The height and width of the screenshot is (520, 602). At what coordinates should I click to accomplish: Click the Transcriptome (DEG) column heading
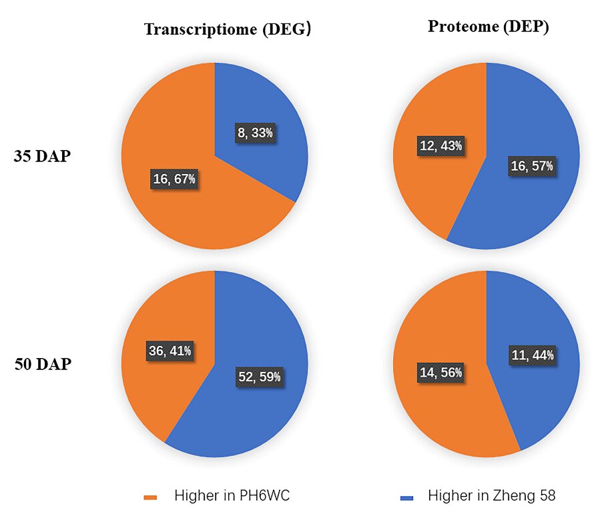pos(228,29)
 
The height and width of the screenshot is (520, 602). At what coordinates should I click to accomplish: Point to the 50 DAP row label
pos(43,365)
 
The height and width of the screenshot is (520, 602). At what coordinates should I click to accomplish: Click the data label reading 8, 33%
pos(255,133)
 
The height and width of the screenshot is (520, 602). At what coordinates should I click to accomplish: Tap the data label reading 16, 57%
pos(532,166)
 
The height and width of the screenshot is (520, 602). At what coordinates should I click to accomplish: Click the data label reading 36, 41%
pos(170,350)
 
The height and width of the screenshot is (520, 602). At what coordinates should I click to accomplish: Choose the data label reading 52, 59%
pos(260,377)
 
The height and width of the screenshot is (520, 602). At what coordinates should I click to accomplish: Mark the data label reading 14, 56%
pos(440,373)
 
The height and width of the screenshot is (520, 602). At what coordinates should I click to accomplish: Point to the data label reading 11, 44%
pos(533,355)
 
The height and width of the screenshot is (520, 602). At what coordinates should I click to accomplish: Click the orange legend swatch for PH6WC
pos(150,497)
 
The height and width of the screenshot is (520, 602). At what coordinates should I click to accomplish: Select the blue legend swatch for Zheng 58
pos(406,497)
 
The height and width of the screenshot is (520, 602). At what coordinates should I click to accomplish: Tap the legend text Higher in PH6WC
pos(232,496)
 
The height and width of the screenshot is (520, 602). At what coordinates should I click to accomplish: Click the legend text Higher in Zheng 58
pos(491,496)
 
